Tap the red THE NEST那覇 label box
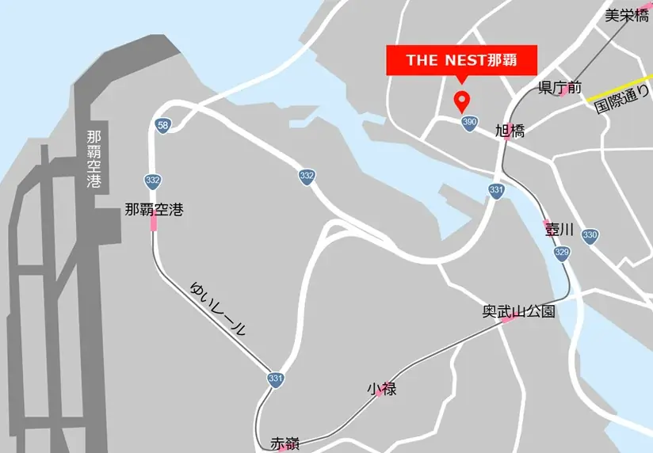461,60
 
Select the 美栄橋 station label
626,15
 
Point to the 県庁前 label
560,87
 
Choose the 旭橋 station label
510,131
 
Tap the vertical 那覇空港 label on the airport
94,158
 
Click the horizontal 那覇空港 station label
154,210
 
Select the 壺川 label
558,230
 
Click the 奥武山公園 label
518,311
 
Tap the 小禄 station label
381,389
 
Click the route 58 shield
162,126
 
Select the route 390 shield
469,122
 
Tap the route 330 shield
589,235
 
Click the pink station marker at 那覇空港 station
154,224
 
